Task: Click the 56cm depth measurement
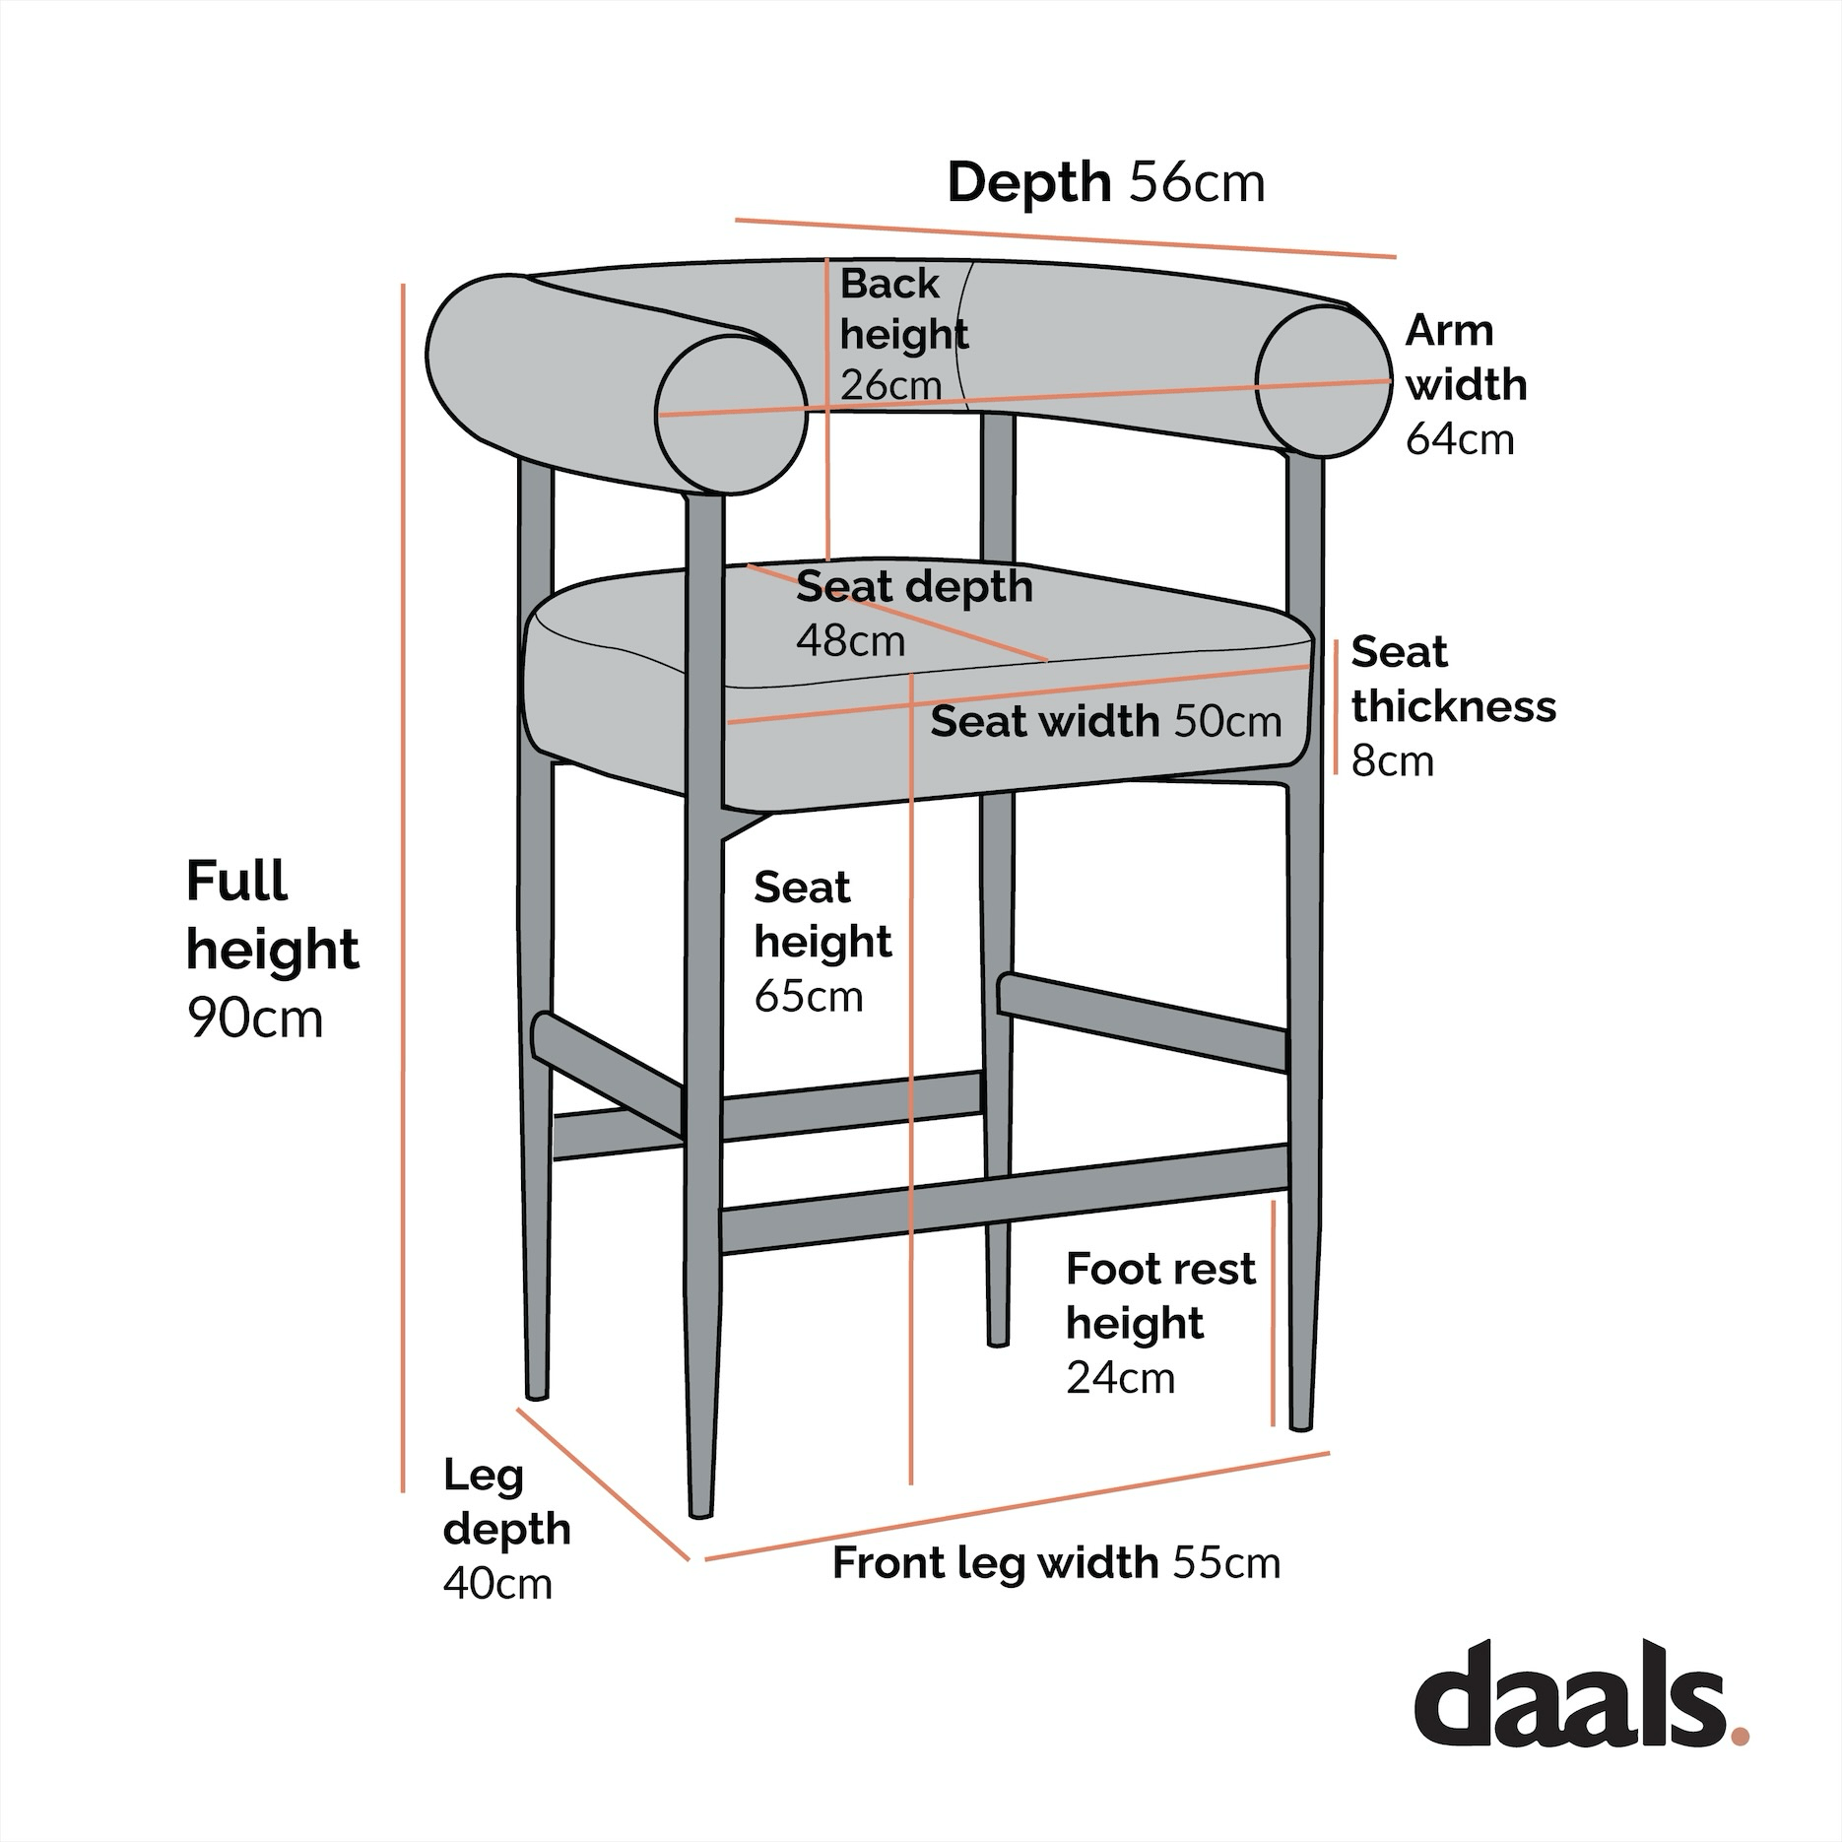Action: [1196, 183]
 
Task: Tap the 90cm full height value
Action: [254, 1019]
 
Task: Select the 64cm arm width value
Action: [1459, 438]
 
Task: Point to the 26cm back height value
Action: [890, 384]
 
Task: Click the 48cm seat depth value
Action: [850, 641]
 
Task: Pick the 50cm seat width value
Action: [1227, 722]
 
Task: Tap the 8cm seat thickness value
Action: [1392, 760]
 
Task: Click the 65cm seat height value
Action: [808, 996]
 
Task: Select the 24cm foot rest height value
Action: [1120, 1377]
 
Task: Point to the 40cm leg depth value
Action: [497, 1584]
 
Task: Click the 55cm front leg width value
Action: [1226, 1563]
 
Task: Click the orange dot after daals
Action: [1739, 1734]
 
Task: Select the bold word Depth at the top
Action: [1028, 183]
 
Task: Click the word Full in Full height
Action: [236, 881]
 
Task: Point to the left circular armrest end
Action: [732, 414]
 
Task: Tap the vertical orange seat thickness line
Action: [1336, 706]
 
